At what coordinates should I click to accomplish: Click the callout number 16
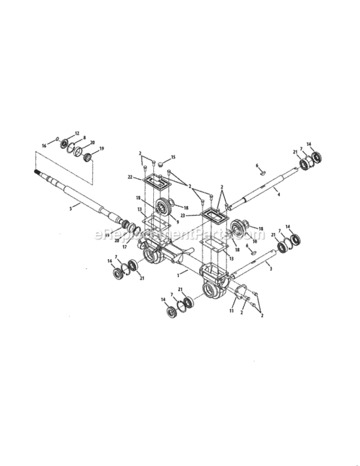(x=45, y=145)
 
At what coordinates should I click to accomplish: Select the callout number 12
(x=78, y=134)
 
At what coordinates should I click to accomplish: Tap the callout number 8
(x=85, y=138)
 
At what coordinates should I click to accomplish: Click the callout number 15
(x=173, y=157)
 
